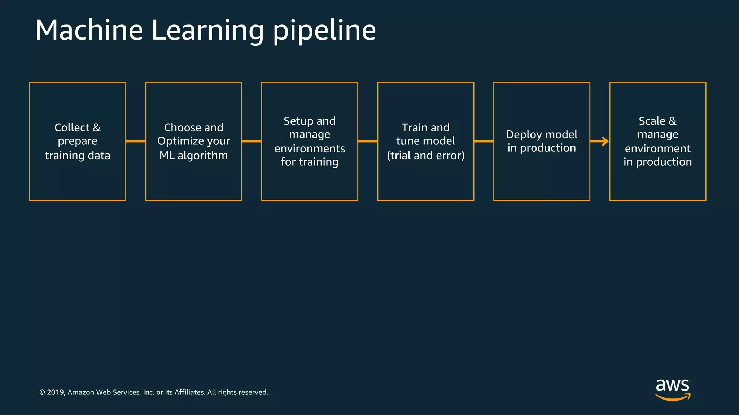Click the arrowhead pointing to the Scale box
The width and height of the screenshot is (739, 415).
tap(605, 142)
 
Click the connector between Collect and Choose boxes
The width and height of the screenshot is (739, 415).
tap(136, 142)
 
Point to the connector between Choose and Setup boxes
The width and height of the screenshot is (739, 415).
tap(252, 142)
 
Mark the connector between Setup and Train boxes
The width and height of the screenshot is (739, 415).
tap(368, 142)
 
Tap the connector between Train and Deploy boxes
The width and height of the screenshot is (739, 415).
tap(484, 142)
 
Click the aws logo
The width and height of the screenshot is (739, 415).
tap(672, 389)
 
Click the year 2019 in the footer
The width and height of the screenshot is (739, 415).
tap(55, 392)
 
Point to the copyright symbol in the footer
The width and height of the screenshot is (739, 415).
tap(42, 392)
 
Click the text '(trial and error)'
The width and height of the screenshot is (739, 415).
tap(425, 155)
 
